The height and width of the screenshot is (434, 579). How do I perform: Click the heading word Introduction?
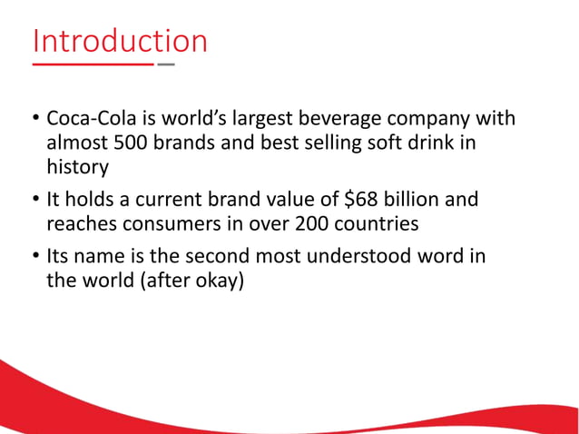(120, 41)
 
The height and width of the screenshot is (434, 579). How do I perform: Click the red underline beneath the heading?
(93, 65)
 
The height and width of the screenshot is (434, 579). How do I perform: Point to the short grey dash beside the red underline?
(167, 65)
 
